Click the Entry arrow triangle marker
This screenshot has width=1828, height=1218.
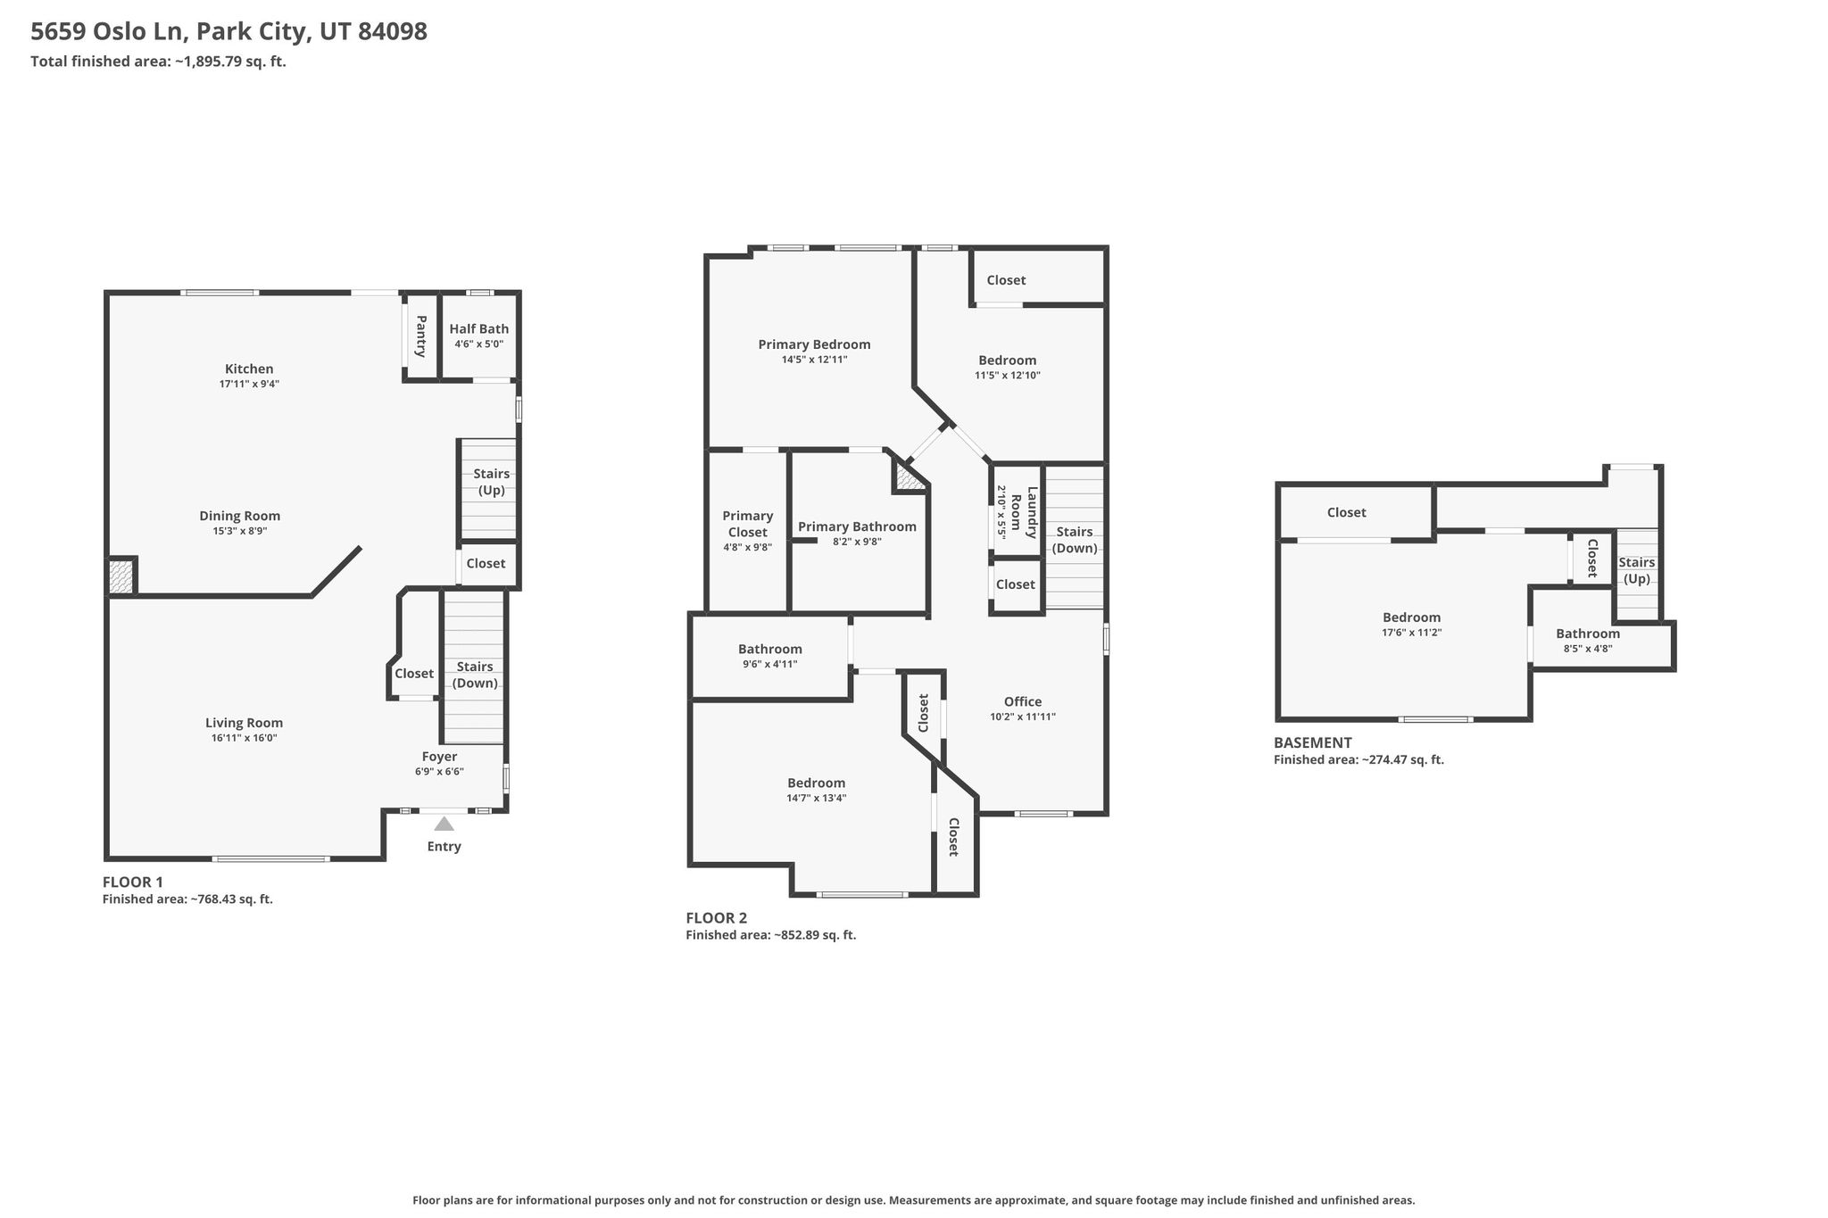tap(444, 823)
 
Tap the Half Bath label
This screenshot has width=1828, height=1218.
tap(479, 329)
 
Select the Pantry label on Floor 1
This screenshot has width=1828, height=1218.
tap(421, 336)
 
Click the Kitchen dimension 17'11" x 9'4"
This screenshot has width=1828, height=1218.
tap(249, 384)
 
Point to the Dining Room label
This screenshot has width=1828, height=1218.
tap(239, 516)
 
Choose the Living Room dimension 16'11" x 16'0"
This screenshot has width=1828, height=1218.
tap(244, 738)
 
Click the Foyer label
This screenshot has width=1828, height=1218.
tap(440, 757)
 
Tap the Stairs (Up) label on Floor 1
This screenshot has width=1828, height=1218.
tap(491, 482)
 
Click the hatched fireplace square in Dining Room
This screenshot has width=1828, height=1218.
tap(121, 576)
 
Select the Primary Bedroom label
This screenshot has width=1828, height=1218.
tap(814, 344)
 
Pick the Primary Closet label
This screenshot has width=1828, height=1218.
tap(748, 524)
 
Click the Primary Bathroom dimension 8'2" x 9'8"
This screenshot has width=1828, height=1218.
tap(857, 542)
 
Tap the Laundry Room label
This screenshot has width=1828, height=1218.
tap(1024, 513)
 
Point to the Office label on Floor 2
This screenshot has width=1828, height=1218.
tap(1023, 701)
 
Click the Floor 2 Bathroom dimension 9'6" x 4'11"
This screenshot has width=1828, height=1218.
tap(769, 664)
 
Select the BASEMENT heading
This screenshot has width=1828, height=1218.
tap(1312, 742)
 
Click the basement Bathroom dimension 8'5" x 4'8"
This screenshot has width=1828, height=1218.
tap(1588, 649)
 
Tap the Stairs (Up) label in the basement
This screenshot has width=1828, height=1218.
tap(1637, 570)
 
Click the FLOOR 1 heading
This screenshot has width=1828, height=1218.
tap(133, 882)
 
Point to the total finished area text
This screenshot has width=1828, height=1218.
tap(158, 62)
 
